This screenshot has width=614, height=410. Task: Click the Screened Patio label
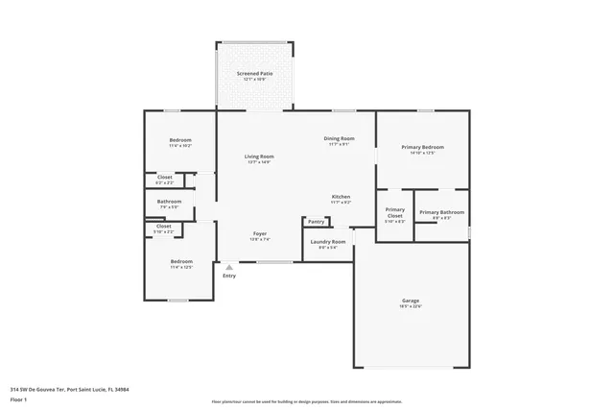(254, 73)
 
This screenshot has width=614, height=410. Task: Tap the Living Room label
(259, 157)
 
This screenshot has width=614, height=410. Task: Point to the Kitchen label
(341, 197)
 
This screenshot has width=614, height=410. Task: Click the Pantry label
(317, 222)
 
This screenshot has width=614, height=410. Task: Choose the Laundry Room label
(327, 242)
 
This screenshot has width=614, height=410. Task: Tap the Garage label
(411, 301)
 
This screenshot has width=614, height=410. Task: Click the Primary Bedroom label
(422, 147)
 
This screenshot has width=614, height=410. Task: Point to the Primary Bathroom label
(441, 212)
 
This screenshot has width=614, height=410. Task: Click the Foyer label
(259, 233)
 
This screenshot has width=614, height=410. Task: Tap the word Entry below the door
(229, 276)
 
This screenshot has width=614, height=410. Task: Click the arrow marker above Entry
(229, 266)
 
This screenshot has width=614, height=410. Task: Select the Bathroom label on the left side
(169, 202)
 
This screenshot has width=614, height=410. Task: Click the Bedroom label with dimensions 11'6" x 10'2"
(180, 140)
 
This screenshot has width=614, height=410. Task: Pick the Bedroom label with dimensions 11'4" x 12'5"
(181, 261)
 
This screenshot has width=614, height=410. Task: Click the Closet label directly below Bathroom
(163, 227)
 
